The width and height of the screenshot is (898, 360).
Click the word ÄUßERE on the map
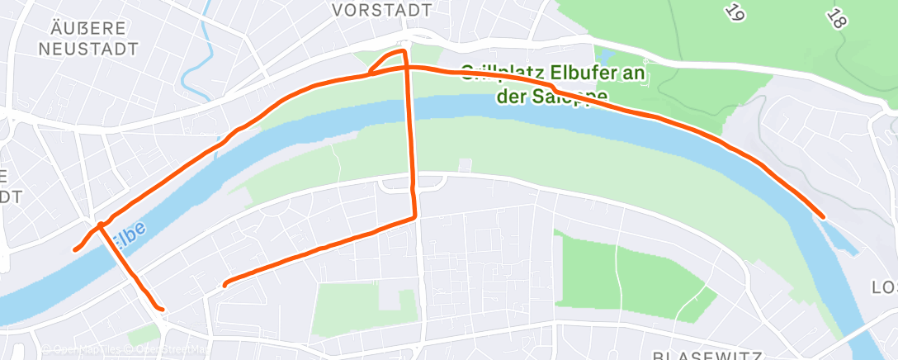[x=86, y=26]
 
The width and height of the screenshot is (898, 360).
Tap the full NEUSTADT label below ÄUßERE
[x=88, y=49]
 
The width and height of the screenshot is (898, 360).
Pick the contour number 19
[x=734, y=11]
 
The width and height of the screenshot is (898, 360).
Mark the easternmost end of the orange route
[x=823, y=217]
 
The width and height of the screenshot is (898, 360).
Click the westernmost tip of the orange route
[x=75, y=249]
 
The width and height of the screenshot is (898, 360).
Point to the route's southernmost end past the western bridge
[x=162, y=310]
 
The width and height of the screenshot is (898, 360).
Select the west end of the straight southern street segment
[x=224, y=286]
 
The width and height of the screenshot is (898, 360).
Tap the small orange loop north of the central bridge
[x=388, y=61]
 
